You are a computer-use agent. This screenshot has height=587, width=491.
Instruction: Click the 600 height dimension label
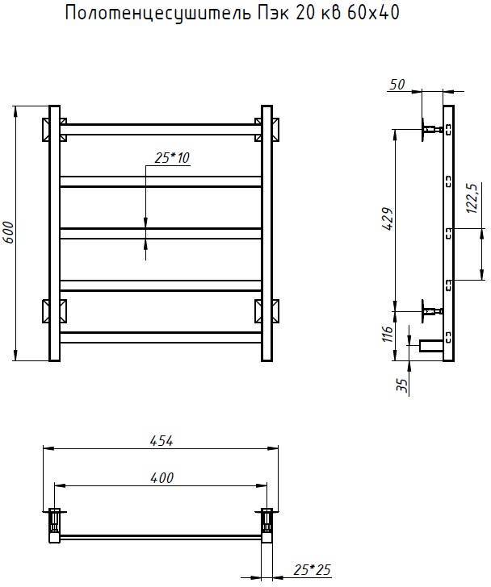coord(9,232)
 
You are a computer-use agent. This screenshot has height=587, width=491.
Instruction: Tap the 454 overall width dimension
coord(162,441)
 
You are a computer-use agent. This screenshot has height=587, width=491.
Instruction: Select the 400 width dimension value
coord(162,478)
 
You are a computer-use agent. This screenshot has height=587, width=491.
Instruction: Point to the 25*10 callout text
coord(172,158)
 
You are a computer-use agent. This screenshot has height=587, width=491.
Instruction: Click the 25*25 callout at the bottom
coord(312,570)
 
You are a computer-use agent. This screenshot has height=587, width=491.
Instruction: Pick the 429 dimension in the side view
coord(388,219)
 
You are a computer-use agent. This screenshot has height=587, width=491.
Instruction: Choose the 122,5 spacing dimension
coord(472,198)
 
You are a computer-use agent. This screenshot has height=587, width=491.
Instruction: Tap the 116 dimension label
coord(388,334)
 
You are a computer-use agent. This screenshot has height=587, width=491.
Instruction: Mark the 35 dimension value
coord(401,385)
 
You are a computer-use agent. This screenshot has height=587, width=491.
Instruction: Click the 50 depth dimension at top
coord(397,85)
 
